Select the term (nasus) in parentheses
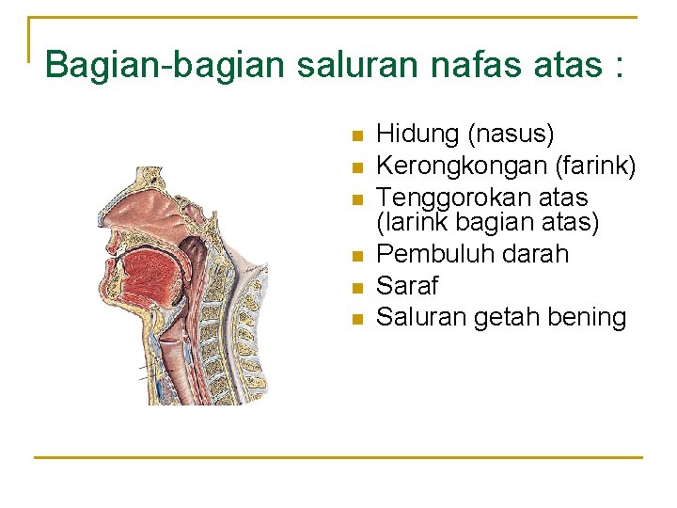[511, 135]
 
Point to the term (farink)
[596, 167]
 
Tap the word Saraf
[407, 286]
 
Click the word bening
[587, 318]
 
